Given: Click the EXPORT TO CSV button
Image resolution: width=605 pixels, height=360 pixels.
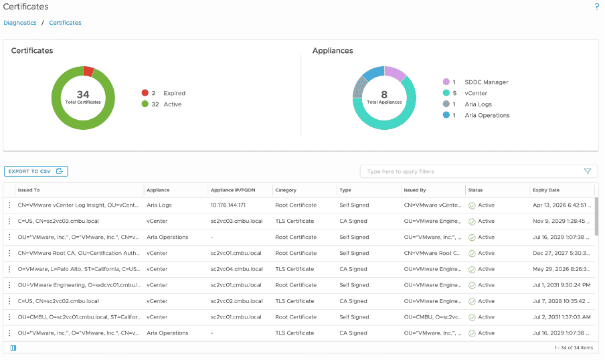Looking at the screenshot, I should point(36,171).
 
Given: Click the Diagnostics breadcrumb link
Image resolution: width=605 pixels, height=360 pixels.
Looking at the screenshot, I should point(20,23).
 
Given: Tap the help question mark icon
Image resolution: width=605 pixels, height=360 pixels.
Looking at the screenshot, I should point(596,7).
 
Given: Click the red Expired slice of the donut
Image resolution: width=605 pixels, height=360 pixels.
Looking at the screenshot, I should point(88,71).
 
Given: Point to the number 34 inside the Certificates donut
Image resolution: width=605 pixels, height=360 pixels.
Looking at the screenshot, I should point(83,94).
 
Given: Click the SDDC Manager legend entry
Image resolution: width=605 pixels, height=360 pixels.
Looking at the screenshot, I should point(486,82).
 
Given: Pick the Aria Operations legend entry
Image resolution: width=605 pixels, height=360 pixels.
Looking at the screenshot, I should point(487,115).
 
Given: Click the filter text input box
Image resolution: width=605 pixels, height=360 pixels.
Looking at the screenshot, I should point(472,171).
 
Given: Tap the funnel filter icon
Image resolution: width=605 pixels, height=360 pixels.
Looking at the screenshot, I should point(588,171).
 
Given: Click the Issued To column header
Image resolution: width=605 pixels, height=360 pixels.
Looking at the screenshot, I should point(29,190).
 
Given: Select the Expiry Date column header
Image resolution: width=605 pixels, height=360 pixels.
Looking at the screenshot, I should point(545,190).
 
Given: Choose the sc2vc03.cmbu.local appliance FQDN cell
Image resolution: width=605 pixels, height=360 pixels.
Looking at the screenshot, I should point(236,221).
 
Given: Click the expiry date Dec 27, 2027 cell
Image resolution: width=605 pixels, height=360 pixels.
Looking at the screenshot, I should point(561,253).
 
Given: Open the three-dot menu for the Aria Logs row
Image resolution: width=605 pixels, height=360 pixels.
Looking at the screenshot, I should point(9,205).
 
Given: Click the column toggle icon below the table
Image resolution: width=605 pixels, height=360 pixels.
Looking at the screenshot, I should point(13,347).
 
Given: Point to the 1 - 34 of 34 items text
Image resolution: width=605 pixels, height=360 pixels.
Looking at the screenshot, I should point(574,347).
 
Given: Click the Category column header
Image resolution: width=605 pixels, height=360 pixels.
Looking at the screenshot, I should point(286,190).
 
